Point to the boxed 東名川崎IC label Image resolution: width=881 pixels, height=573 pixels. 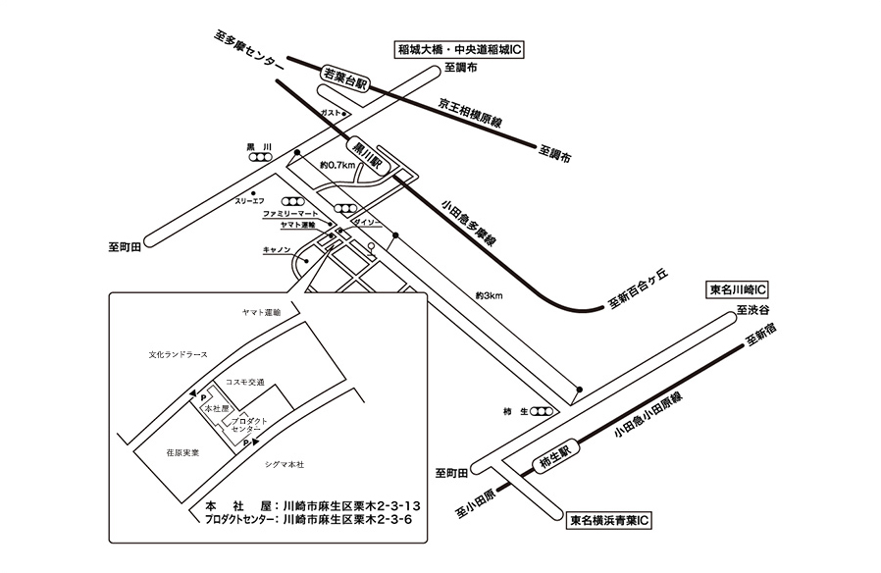click(738, 291)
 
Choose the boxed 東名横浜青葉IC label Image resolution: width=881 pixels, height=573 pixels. click(610, 520)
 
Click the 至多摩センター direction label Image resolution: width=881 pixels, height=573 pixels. click(248, 49)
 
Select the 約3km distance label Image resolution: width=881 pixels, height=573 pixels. click(488, 294)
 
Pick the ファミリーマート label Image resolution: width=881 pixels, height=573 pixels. click(290, 213)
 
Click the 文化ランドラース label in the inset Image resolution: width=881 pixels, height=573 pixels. click(179, 354)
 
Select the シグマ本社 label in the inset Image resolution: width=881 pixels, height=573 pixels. click(285, 463)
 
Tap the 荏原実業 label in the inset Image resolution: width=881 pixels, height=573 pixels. click(182, 452)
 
